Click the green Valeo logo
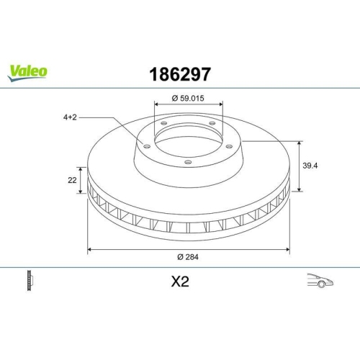pos(28,71)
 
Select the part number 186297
pos(179,73)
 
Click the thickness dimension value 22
pos(73,180)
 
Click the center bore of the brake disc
pos(189,141)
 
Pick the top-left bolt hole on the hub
pos(163,124)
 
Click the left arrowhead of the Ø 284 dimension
pos(90,250)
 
